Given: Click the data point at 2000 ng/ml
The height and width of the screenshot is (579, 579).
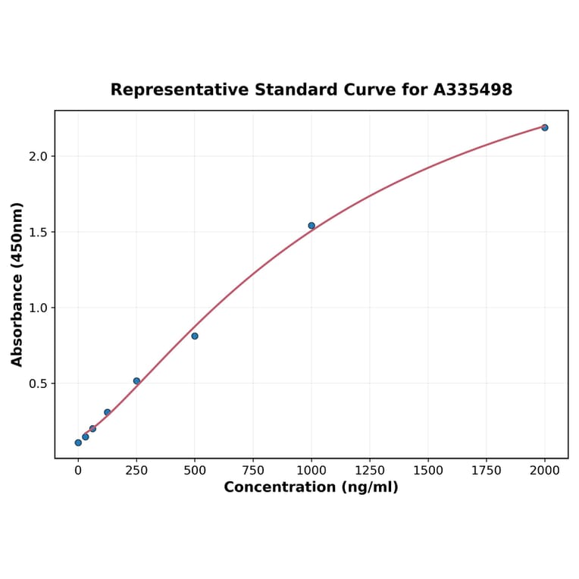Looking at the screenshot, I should click(x=545, y=127).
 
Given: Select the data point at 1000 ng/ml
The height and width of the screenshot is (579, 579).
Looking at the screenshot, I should click(x=311, y=225).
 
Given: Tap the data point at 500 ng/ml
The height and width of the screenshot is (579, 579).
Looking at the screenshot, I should click(x=195, y=336).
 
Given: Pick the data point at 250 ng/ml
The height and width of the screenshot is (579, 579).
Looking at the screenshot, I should click(x=136, y=381).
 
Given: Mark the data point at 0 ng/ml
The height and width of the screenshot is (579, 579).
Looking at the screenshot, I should click(x=78, y=443).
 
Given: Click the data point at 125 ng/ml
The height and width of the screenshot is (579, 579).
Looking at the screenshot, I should click(x=108, y=412).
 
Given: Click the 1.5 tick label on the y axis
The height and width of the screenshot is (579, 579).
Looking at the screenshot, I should click(x=38, y=232).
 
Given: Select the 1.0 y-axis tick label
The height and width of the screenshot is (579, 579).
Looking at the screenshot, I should click(x=38, y=308).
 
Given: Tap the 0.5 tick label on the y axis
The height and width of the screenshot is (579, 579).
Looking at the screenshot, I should click(x=38, y=383).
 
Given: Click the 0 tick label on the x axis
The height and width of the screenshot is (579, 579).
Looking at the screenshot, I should click(x=78, y=471).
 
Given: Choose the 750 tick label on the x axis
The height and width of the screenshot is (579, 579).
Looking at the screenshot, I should click(x=253, y=471).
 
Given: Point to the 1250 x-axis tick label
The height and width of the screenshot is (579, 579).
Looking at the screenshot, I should click(x=370, y=471).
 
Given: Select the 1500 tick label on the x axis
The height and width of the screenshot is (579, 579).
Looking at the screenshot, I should click(x=428, y=471).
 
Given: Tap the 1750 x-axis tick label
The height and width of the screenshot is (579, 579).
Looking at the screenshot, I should click(x=487, y=471).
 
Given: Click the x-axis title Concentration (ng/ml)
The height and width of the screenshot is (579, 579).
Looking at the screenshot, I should click(x=311, y=487).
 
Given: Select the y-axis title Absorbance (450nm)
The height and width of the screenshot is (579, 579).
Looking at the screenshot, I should click(x=17, y=284).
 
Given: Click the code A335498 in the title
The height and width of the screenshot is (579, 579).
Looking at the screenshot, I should click(x=473, y=90).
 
